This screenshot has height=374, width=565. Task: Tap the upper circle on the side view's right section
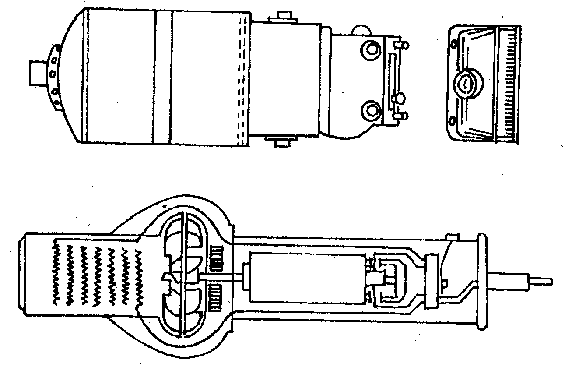pos(371,49)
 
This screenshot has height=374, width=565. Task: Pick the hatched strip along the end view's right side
pos(509,83)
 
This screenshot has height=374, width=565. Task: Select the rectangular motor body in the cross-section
pos(306,278)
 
